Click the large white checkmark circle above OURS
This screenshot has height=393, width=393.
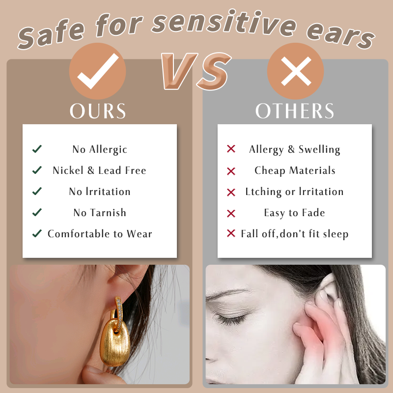pos(97,71)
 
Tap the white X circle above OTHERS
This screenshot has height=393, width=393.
pos(296,71)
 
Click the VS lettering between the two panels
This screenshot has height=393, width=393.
pos(196,71)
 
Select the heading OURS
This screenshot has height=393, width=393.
pos(98,111)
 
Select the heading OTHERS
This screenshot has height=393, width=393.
pos(295,111)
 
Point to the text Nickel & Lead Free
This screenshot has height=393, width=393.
pos(99,170)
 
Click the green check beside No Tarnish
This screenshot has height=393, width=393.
pos(37,212)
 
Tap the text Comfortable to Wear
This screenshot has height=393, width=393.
pos(100,234)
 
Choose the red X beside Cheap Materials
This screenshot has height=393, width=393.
pos(231,171)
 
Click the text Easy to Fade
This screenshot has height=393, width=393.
pos(294,213)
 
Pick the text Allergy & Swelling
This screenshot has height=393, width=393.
pos(294,150)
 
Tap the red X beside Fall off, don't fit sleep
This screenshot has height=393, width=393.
pos(231,233)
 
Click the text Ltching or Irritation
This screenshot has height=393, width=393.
pos(294,192)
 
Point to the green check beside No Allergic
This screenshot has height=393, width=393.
pos(37,149)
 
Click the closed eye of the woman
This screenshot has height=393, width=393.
pos(230,320)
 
